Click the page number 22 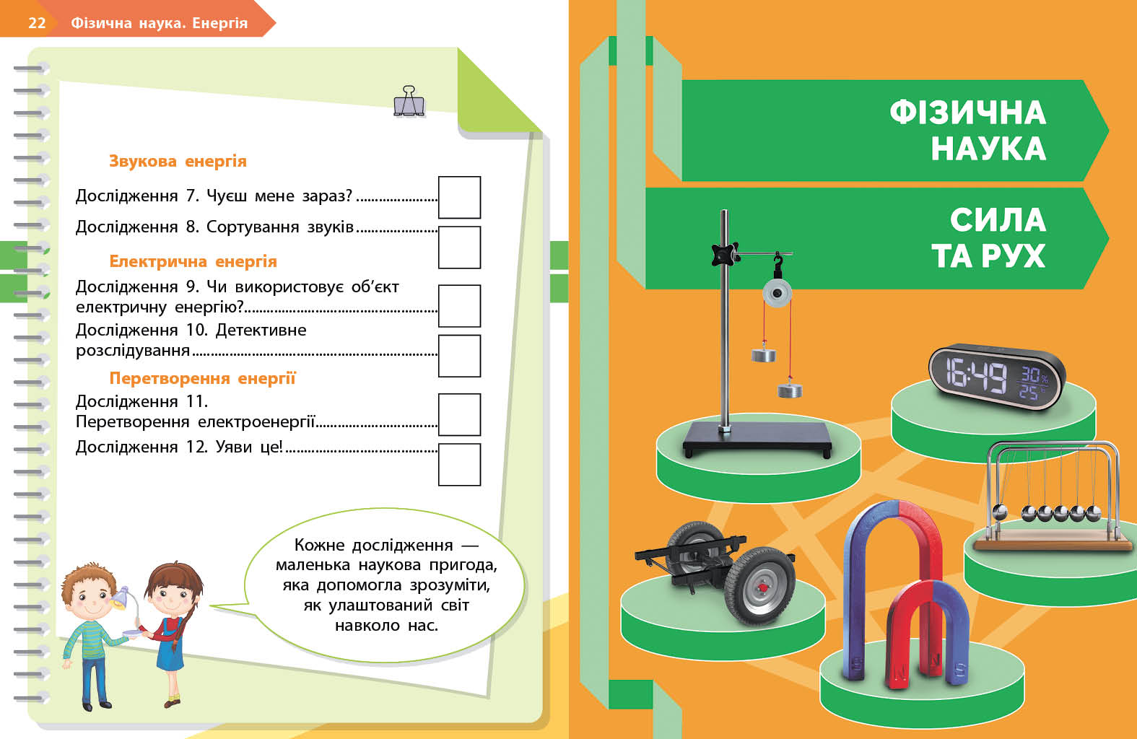click(37, 22)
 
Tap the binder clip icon click(409, 102)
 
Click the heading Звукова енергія click(178, 161)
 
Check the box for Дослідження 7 click(459, 197)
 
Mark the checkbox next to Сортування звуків click(459, 247)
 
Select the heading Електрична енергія click(193, 261)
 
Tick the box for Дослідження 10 click(459, 355)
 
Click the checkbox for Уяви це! click(459, 464)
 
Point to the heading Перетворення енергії click(202, 378)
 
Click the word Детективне click(261, 330)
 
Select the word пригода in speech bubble click(463, 565)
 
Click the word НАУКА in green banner click(988, 149)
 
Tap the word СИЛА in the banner click(998, 219)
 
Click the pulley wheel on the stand click(777, 294)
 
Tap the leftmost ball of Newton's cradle click(1000, 512)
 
